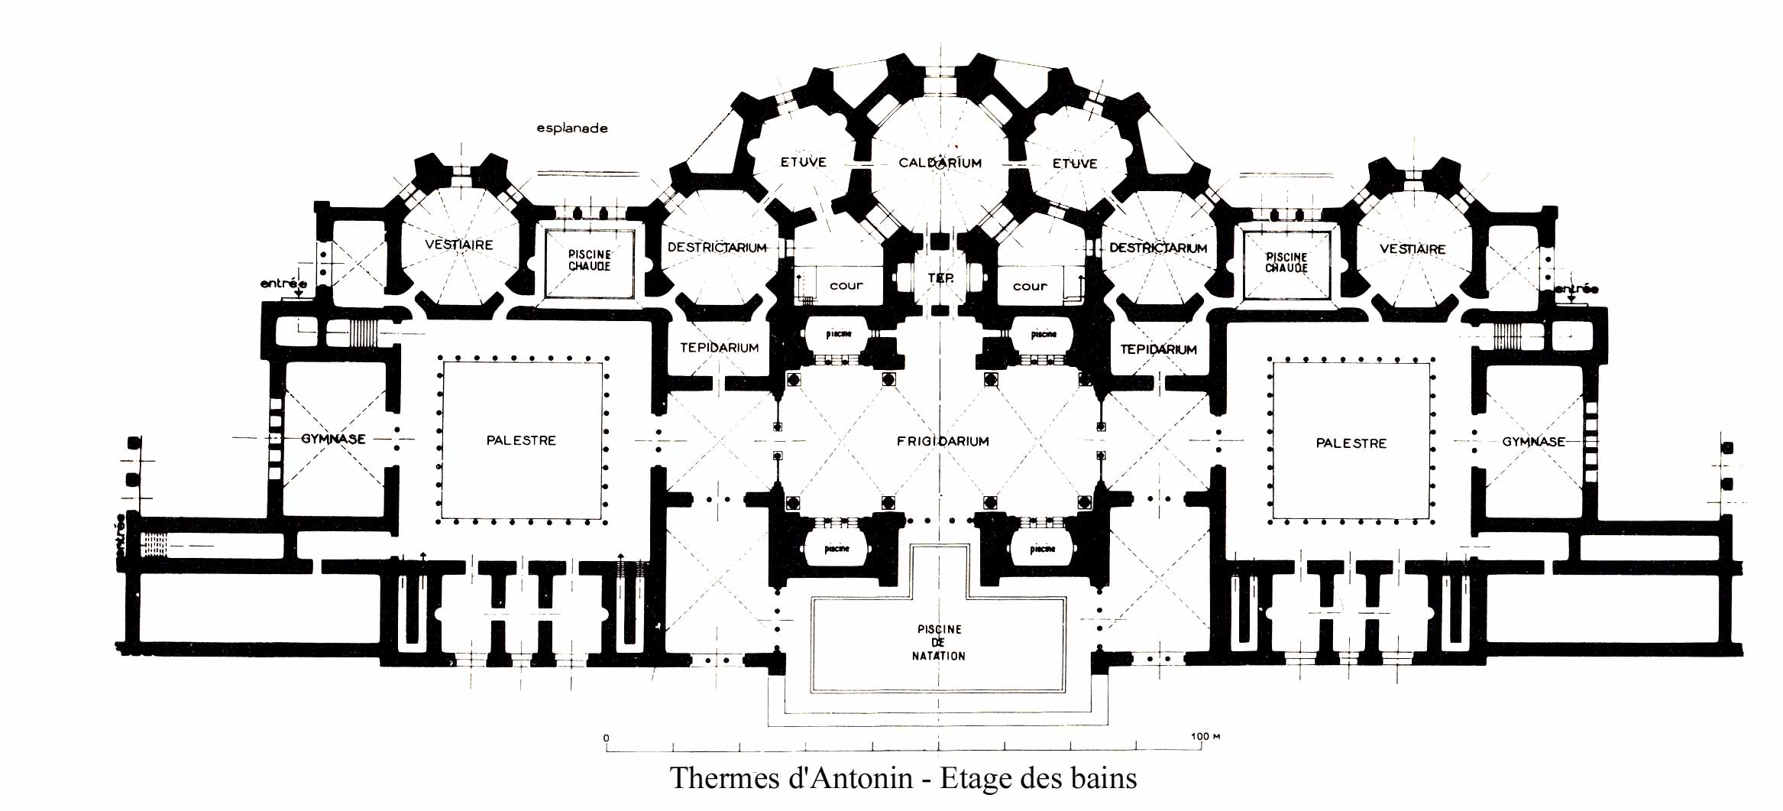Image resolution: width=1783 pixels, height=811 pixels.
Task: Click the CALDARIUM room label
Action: [x=940, y=163]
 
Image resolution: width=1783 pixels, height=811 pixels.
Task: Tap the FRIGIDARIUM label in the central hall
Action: [x=943, y=441]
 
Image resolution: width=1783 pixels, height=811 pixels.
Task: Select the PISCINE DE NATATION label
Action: [x=939, y=643]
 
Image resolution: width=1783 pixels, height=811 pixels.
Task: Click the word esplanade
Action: [x=572, y=128]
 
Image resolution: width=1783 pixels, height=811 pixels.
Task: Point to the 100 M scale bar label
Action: [x=1205, y=737]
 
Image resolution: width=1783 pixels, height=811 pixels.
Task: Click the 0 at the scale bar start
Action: [x=607, y=738]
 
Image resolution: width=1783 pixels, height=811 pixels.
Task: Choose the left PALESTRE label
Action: [x=521, y=440]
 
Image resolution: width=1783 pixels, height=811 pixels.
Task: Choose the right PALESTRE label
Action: [x=1351, y=443]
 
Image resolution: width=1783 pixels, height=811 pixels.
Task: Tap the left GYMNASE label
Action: [x=333, y=439]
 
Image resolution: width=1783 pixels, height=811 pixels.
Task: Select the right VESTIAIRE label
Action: [x=1412, y=249]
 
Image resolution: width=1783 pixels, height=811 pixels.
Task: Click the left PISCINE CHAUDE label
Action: [x=589, y=260]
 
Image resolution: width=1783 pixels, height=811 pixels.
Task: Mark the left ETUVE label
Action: [x=803, y=162]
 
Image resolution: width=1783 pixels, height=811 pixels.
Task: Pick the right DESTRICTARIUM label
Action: [x=1158, y=248]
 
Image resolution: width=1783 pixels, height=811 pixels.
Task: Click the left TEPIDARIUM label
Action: [x=719, y=348]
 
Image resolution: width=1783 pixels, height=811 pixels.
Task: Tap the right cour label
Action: [x=1030, y=287]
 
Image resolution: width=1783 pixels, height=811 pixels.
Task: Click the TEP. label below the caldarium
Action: [x=940, y=278]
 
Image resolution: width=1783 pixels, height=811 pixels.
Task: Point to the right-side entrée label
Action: [x=1576, y=289]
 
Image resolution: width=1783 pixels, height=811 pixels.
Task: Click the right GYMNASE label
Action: [x=1533, y=442]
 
